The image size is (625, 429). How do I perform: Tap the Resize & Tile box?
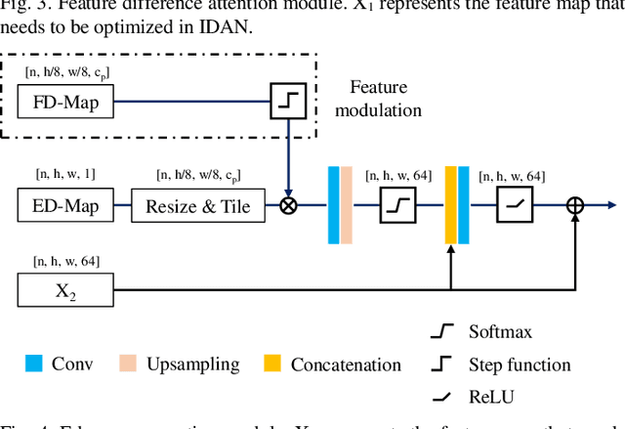click(x=197, y=205)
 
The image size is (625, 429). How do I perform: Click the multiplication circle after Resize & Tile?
click(x=289, y=206)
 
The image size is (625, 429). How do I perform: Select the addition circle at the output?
click(x=575, y=206)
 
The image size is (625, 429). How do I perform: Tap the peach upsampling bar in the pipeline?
click(x=347, y=205)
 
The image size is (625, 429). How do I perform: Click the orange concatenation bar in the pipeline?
click(x=451, y=205)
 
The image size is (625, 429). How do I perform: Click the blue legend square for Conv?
click(x=33, y=365)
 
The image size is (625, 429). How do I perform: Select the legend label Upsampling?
click(x=192, y=365)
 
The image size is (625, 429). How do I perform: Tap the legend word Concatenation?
click(x=346, y=365)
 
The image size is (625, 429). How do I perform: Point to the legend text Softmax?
click(x=500, y=332)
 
